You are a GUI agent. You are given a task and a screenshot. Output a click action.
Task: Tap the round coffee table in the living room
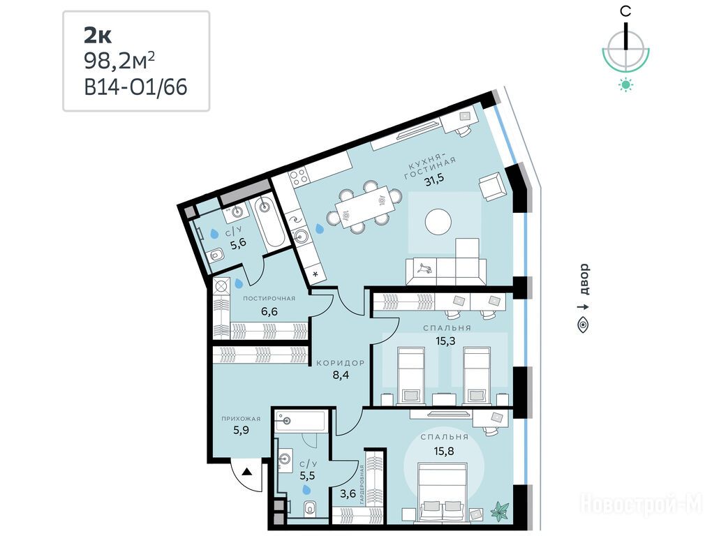438,221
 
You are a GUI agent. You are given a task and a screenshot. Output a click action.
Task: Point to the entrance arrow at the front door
246,472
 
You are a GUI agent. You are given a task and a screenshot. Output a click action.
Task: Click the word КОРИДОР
341,363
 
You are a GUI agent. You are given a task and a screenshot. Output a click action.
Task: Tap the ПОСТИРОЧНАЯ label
269,298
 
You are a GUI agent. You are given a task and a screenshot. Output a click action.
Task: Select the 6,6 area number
269,312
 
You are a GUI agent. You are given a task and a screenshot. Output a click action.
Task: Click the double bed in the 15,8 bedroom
443,491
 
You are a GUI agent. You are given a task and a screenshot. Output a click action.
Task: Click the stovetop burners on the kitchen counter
299,177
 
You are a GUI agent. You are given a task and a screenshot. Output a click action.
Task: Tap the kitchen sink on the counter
302,236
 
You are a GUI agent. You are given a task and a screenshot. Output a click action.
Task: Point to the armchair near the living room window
492,186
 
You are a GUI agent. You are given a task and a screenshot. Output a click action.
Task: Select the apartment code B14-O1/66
136,87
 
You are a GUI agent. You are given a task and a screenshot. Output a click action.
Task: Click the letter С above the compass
625,11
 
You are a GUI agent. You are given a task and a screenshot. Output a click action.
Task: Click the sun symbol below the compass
625,85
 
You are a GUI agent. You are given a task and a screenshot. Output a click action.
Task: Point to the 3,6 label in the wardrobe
348,493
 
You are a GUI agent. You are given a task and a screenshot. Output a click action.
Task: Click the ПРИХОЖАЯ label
241,419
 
